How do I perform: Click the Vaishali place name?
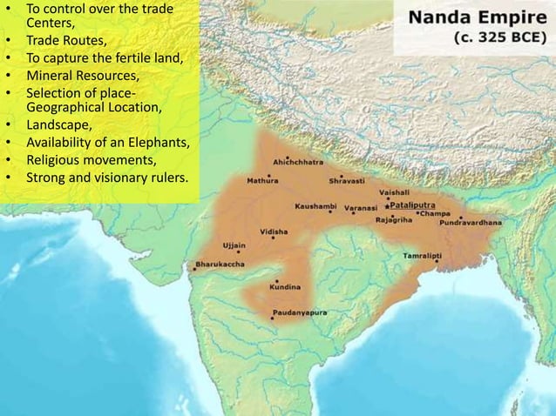[397, 192]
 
